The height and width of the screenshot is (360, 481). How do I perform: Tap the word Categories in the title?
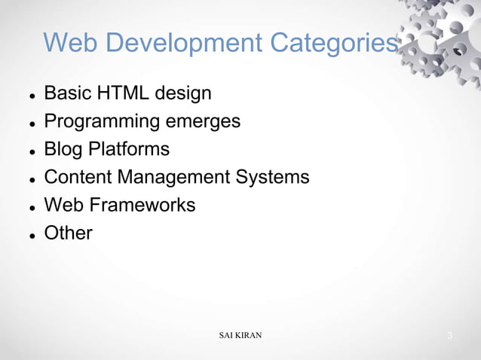coord(329,43)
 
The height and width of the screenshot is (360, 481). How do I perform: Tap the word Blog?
coord(65,149)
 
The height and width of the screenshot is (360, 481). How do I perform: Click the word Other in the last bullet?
coord(68,233)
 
